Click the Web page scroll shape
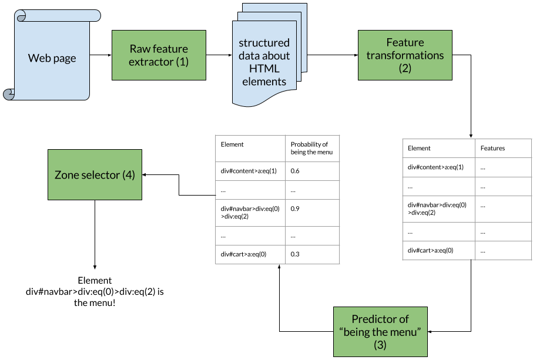point(53,59)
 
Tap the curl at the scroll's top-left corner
point(21,16)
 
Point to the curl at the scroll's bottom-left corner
point(8,94)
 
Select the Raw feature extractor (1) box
point(159,55)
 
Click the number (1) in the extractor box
point(182,61)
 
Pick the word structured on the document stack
point(264,43)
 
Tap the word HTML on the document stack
point(264,69)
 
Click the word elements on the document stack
point(264,82)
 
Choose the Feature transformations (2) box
point(405,55)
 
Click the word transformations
point(405,55)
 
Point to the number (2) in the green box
point(405,68)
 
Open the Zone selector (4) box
point(95,174)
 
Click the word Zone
point(66,175)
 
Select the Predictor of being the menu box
point(380,331)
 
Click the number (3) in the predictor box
point(380,345)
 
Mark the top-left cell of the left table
point(250,148)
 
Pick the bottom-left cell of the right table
point(438,250)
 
